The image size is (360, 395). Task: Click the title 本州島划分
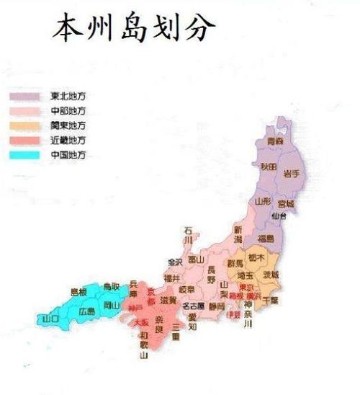point(134,30)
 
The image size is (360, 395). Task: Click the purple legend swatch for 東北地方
point(27,95)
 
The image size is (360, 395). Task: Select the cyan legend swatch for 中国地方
point(27,154)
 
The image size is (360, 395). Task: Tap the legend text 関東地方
point(69,125)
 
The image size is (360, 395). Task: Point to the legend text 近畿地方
point(69,139)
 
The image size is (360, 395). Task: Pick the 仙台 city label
point(280,216)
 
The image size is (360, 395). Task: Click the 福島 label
point(265,238)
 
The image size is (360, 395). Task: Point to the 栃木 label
point(256,257)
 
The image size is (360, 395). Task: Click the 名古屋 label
point(193,306)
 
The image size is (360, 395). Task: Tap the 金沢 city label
point(174,261)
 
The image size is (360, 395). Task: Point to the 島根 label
point(78,292)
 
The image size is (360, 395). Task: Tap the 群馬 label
point(235,264)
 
